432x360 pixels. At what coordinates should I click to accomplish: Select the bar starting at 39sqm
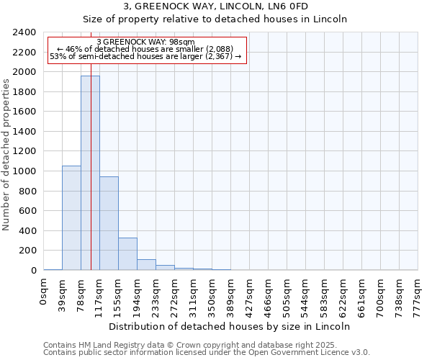pyautogui.click(x=71, y=218)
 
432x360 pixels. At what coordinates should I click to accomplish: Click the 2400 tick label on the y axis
pyautogui.click(x=24, y=33)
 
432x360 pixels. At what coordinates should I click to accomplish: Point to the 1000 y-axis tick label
pyautogui.click(x=24, y=171)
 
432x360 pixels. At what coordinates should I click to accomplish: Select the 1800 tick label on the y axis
pyautogui.click(x=24, y=92)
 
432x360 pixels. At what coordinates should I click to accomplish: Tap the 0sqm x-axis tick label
pyautogui.click(x=44, y=292)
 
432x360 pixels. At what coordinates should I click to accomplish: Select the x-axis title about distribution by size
pyautogui.click(x=230, y=326)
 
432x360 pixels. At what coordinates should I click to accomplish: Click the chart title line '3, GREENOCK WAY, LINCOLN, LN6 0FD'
pyautogui.click(x=216, y=7)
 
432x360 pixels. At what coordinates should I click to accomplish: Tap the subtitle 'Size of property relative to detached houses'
pyautogui.click(x=216, y=19)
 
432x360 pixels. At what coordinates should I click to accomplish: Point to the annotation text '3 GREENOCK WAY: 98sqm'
pyautogui.click(x=146, y=42)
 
